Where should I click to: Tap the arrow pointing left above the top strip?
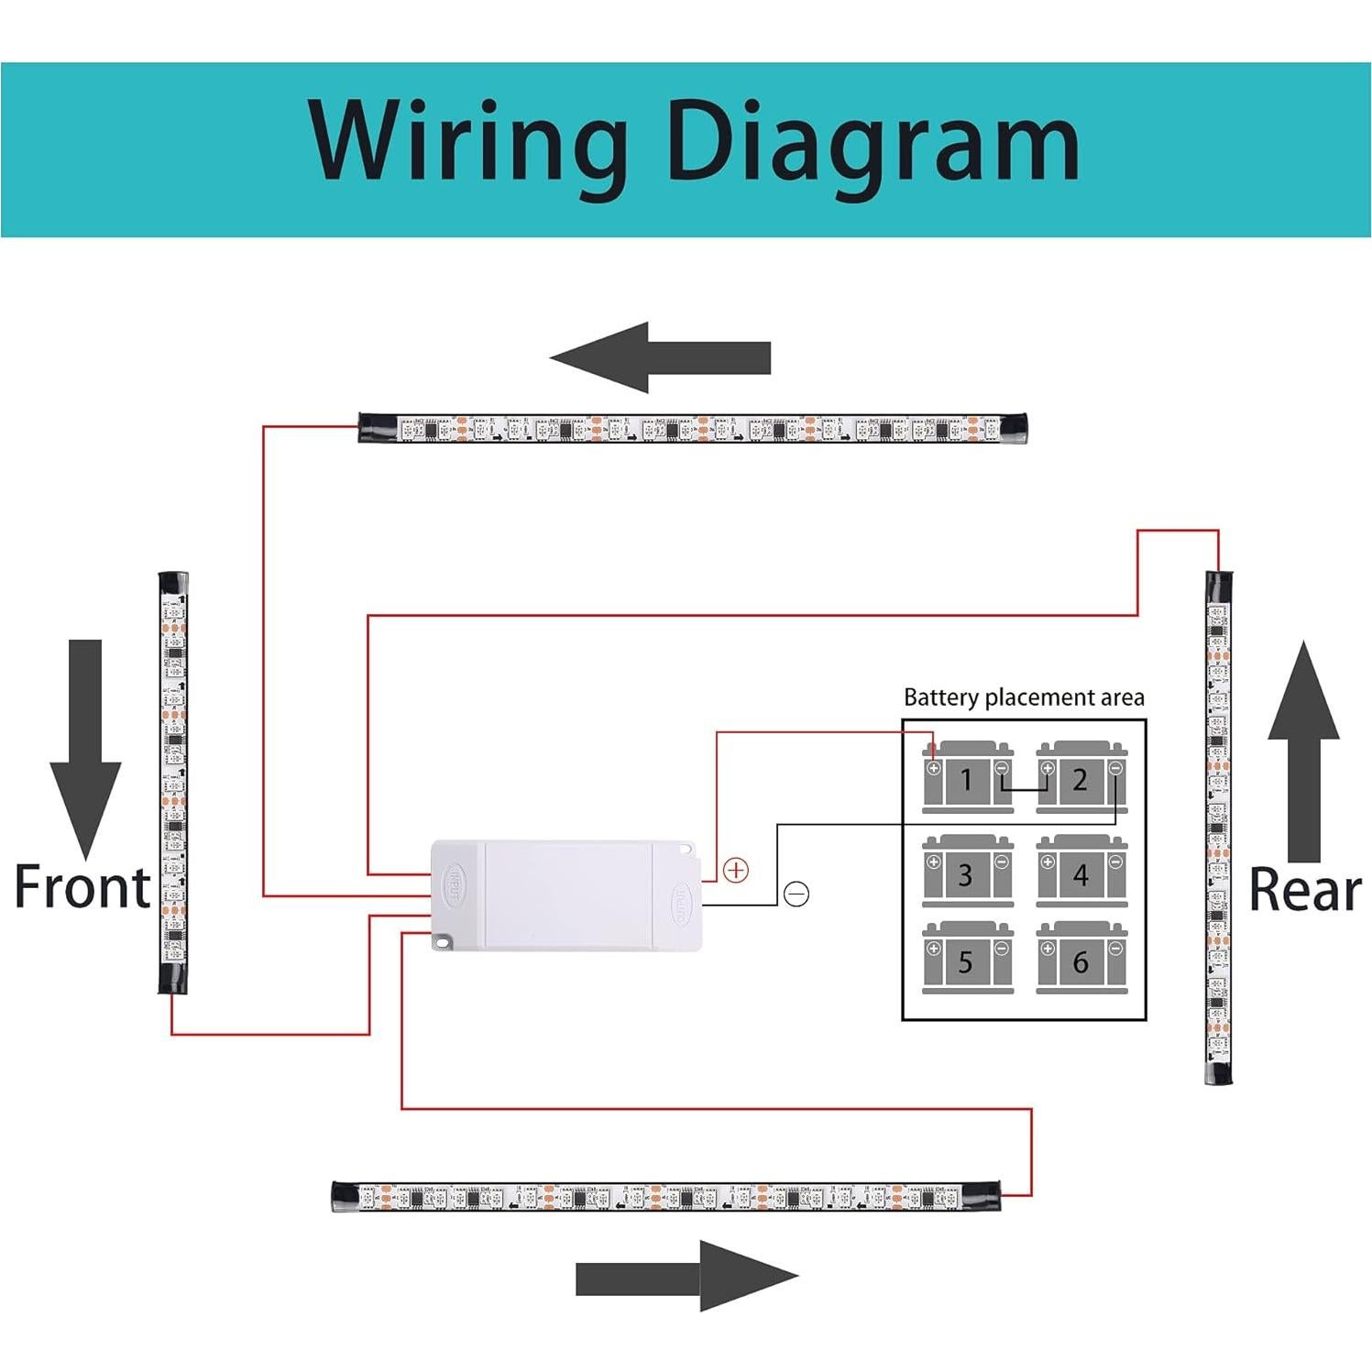click(660, 357)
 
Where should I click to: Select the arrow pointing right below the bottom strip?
click(686, 1276)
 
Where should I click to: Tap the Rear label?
click(1305, 890)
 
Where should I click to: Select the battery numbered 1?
click(967, 778)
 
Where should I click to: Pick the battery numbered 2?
click(1081, 778)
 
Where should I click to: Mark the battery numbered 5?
click(967, 960)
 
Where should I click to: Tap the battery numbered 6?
click(1081, 960)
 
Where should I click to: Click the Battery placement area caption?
click(1024, 698)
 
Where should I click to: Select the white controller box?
click(566, 895)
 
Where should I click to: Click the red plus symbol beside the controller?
click(736, 870)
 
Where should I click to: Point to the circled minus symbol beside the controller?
click(796, 894)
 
